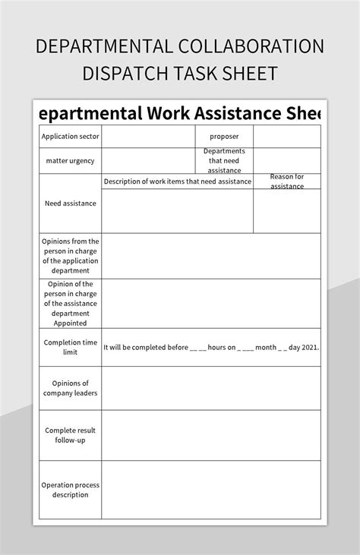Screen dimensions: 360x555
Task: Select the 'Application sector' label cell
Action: pos(70,137)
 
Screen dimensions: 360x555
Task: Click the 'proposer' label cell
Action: pos(224,137)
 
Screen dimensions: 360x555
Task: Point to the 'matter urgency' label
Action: pos(70,161)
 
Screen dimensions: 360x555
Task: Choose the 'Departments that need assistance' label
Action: pos(224,161)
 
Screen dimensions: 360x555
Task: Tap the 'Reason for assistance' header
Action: pos(286,181)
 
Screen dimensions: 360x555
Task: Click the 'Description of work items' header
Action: pos(177,181)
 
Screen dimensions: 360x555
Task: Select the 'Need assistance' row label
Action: pos(70,203)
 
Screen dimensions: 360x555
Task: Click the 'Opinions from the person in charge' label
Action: pos(70,255)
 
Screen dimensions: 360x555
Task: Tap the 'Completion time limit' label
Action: pos(70,348)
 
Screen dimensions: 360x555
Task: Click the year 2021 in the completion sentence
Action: pos(309,348)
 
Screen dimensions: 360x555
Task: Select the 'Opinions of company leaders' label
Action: pos(70,388)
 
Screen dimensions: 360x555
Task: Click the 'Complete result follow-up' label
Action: pos(70,435)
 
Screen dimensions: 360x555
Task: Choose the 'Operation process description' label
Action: pos(70,490)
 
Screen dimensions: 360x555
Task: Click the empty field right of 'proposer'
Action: pos(286,137)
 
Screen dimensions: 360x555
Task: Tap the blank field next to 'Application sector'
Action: pos(147,137)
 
